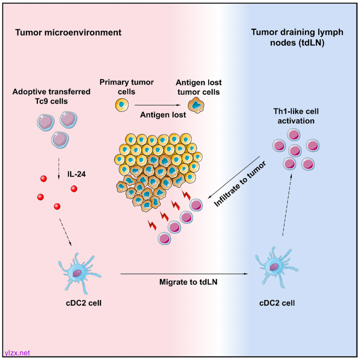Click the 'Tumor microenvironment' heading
click(68, 33)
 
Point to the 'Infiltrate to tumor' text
click(240, 184)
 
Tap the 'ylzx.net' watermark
click(17, 353)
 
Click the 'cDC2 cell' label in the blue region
click(277, 303)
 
